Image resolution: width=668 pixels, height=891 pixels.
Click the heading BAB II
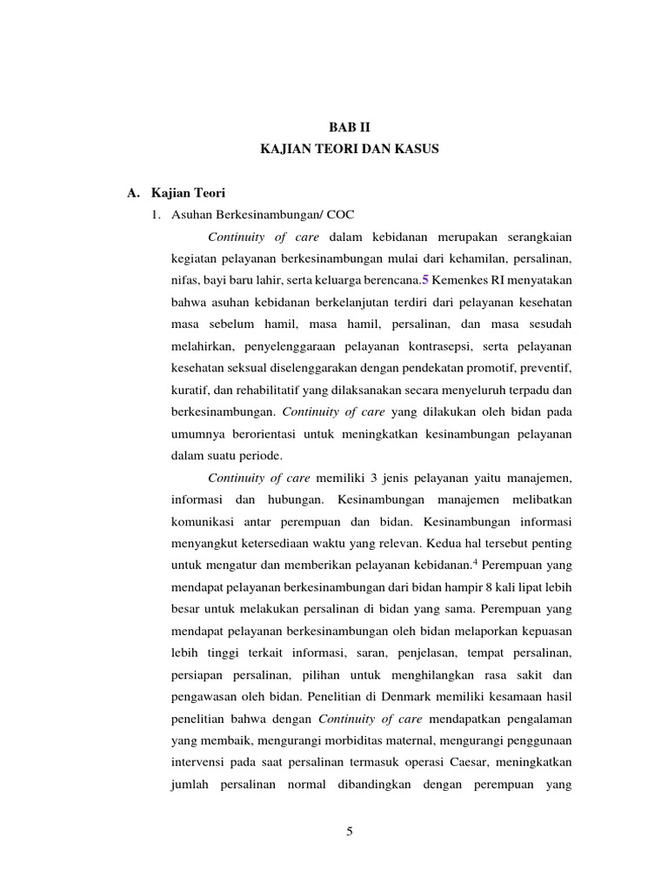pos(350,127)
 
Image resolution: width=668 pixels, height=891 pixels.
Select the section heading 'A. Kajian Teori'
pos(176,192)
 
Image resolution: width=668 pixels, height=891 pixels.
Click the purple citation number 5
pos(425,280)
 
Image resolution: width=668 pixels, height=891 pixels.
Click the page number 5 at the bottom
pos(350,831)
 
